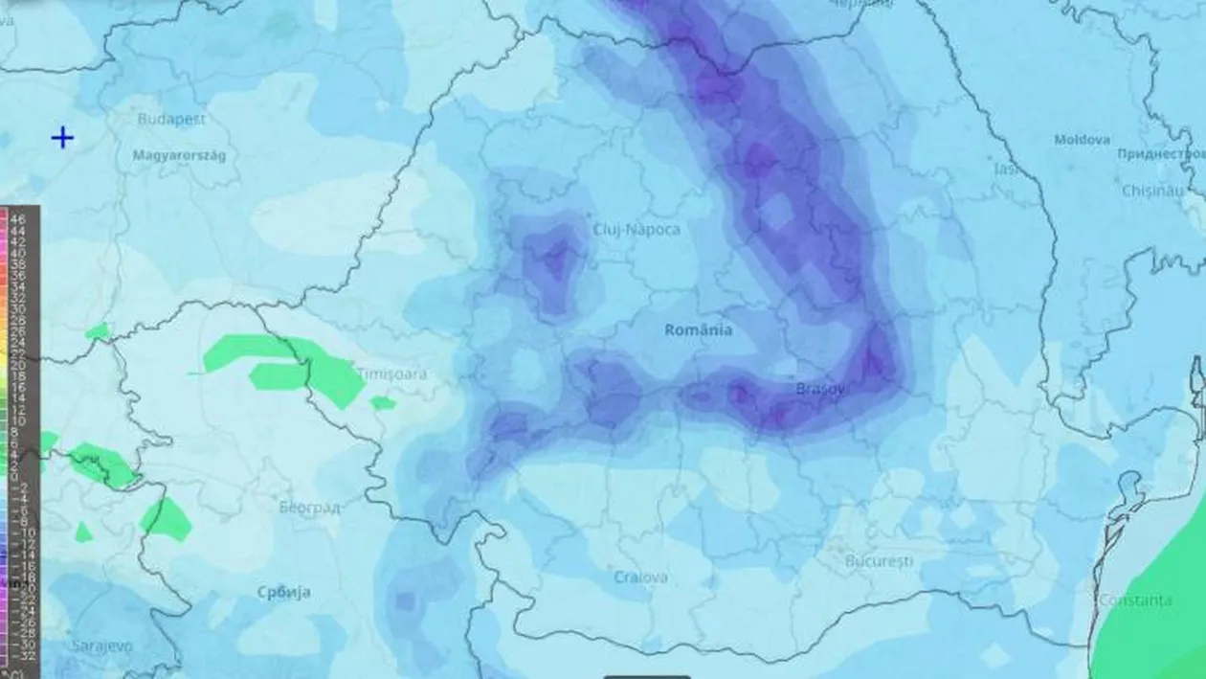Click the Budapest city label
(x=171, y=120)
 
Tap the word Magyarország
(x=179, y=155)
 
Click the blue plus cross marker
(x=62, y=138)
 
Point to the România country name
(x=699, y=329)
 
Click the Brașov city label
(x=820, y=389)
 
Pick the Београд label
(x=311, y=507)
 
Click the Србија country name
(x=283, y=592)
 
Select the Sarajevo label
(x=101, y=646)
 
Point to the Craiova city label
(x=640, y=577)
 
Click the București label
(x=879, y=560)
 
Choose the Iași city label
(x=1006, y=169)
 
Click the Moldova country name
(x=1082, y=140)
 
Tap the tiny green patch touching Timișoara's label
(x=383, y=403)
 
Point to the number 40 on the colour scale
(x=18, y=253)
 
